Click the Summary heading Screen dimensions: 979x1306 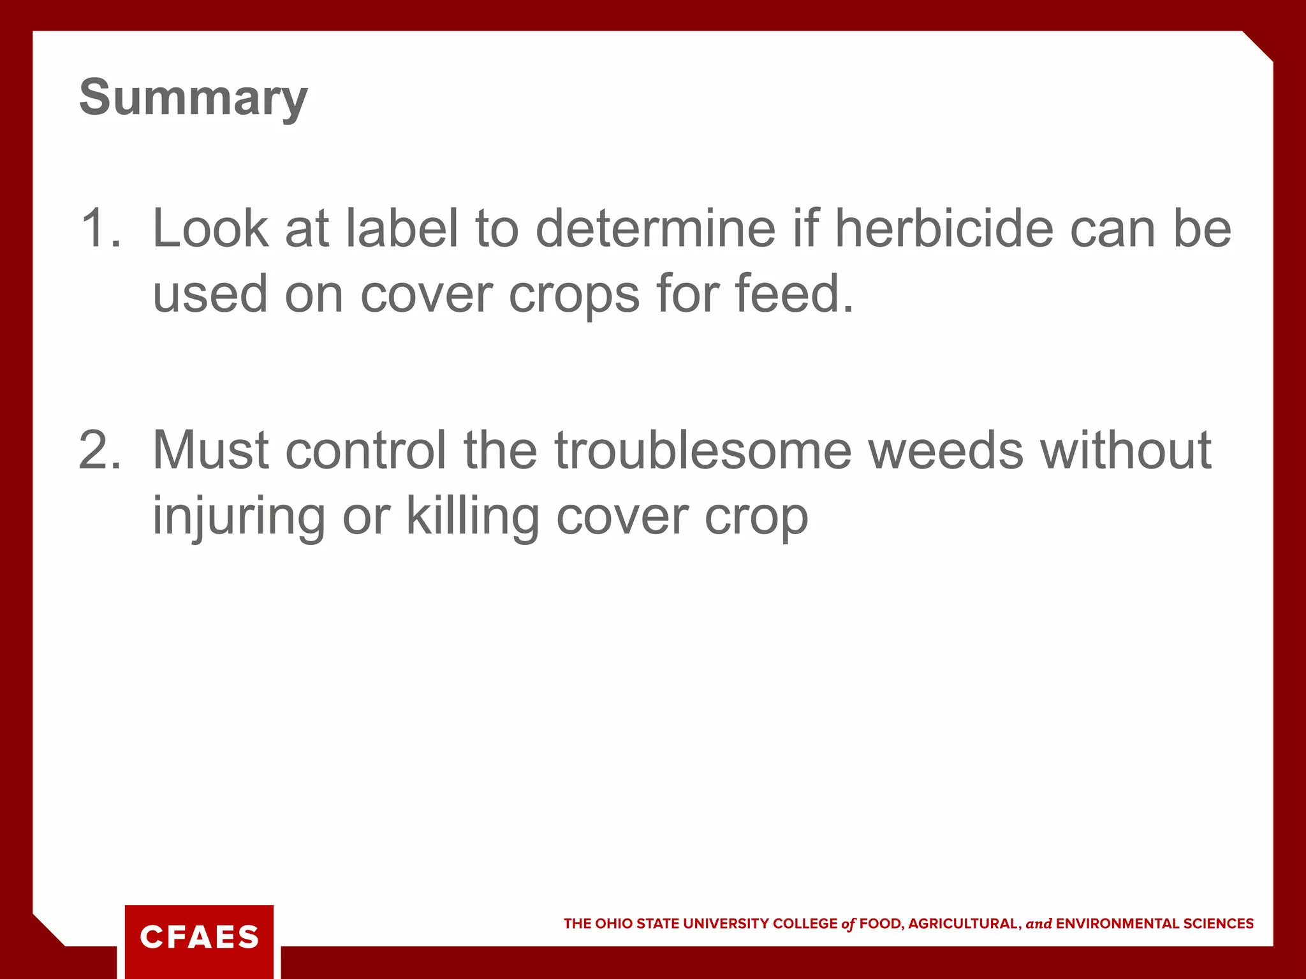(x=193, y=98)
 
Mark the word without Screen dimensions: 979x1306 (x=1126, y=450)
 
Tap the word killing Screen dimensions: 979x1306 (x=473, y=516)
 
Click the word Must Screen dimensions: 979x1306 (x=210, y=450)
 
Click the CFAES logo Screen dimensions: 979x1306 (x=199, y=937)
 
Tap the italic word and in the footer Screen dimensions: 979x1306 (x=1039, y=924)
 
